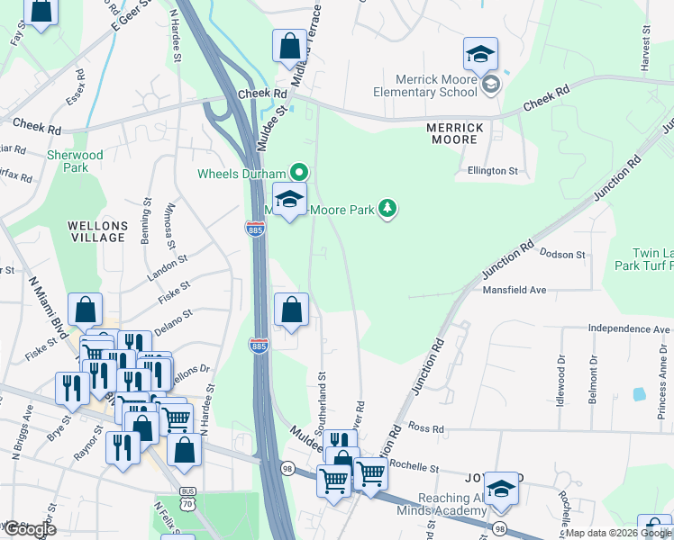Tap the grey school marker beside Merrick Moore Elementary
click(491, 85)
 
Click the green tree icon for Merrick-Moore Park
click(388, 210)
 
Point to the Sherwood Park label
click(75, 161)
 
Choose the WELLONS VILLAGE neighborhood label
click(96, 230)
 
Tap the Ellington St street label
click(493, 170)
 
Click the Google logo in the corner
click(29, 529)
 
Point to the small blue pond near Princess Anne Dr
click(640, 393)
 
